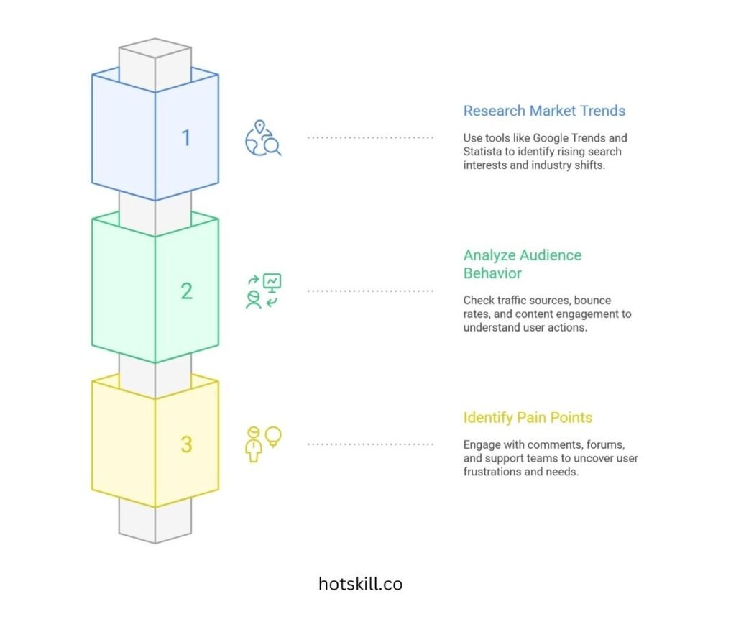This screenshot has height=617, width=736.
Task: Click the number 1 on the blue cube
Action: coord(186,137)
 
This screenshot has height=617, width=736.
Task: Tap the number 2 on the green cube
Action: coord(186,291)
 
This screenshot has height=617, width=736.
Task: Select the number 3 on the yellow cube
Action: coord(186,444)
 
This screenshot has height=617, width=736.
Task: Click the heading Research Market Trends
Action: coord(544,111)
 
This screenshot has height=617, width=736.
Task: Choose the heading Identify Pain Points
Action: coord(528,417)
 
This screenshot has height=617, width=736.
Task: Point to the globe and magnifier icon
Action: coord(263,138)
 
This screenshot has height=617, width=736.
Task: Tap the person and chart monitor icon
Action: coord(263,291)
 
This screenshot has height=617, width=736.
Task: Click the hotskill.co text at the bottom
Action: coord(360,584)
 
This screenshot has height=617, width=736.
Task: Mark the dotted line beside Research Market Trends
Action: coord(370,137)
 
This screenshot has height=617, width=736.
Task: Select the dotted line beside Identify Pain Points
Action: coord(370,444)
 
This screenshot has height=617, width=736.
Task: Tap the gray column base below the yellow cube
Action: coord(155,521)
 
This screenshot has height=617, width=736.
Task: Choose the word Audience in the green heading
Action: coord(546,255)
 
